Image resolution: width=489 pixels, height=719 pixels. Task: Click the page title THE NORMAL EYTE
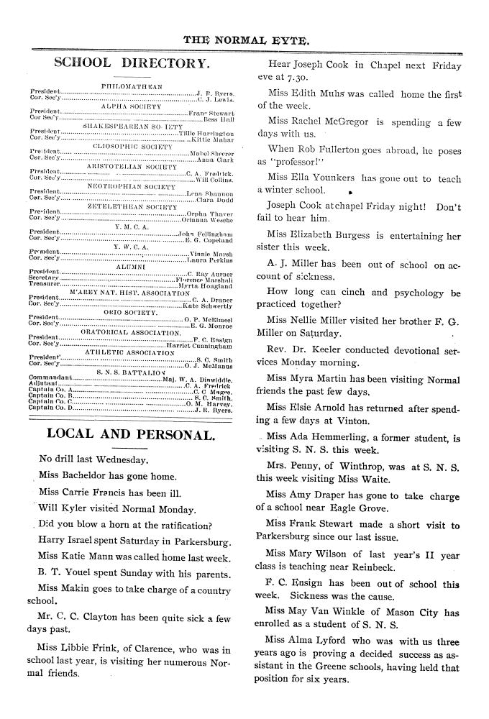pyautogui.click(x=246, y=40)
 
